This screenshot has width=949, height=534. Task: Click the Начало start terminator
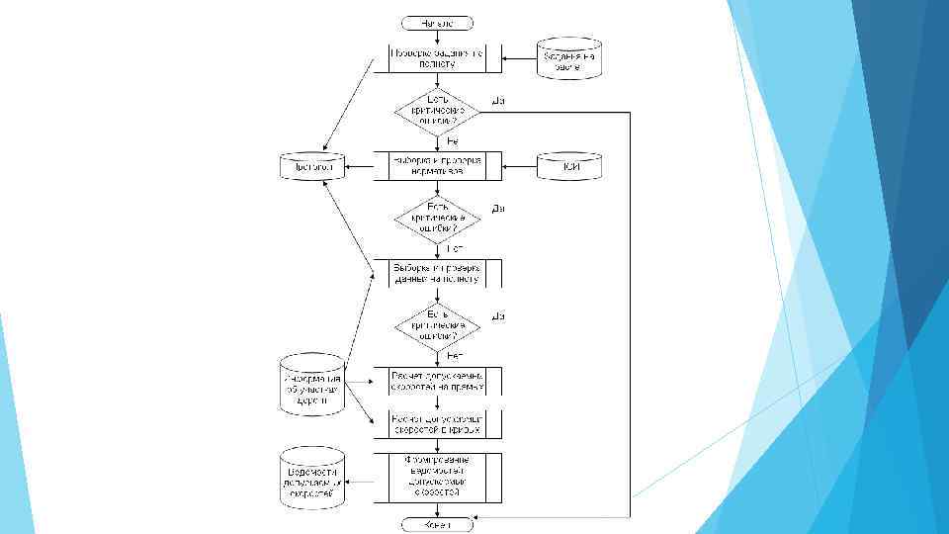tap(438, 22)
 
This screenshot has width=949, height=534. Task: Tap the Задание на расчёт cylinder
tap(569, 58)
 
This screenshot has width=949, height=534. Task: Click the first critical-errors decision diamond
tap(438, 114)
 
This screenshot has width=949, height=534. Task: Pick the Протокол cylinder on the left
tap(310, 168)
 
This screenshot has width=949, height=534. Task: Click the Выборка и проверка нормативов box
tap(438, 166)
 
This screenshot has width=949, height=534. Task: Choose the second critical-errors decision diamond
tap(438, 220)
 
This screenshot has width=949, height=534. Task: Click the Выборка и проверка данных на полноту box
tap(438, 273)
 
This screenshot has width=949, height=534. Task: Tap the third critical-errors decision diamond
tap(438, 326)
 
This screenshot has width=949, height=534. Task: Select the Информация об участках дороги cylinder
tap(311, 386)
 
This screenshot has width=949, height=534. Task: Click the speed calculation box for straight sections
tap(438, 382)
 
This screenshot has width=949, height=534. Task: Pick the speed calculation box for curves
tap(438, 424)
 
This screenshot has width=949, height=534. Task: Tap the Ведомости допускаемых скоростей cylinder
tap(311, 479)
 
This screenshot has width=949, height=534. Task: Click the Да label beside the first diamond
tap(499, 100)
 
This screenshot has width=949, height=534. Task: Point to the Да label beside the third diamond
tap(499, 315)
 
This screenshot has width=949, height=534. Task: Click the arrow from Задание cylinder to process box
tap(519, 58)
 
